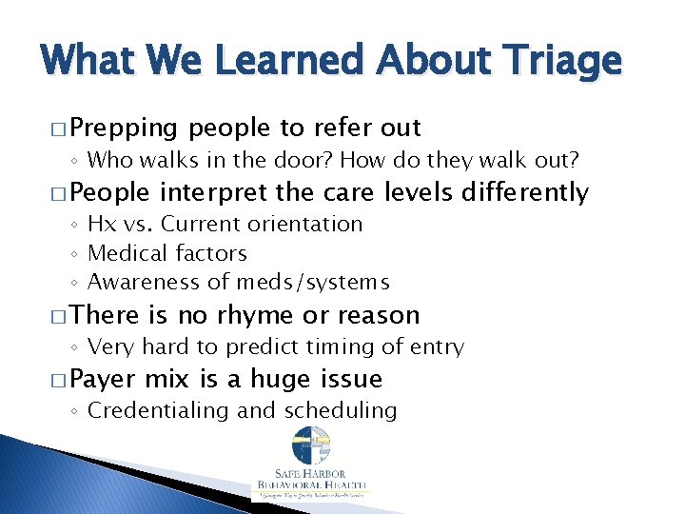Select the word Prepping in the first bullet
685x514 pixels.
coord(124,128)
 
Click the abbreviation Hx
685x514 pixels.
coord(100,225)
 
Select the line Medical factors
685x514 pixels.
coord(166,253)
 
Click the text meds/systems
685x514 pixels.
coord(319,283)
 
